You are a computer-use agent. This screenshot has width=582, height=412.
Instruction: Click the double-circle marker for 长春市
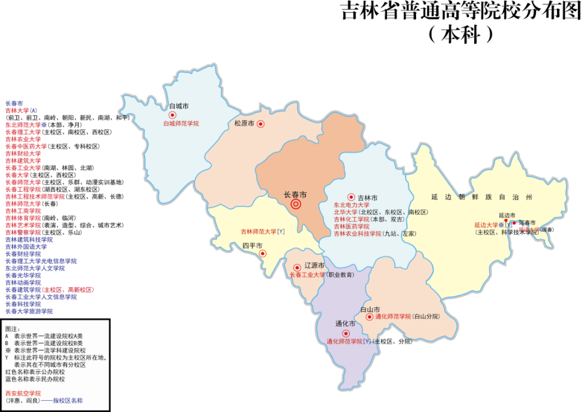click(x=296, y=204)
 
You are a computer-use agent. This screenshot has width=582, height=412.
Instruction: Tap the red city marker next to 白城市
click(x=172, y=115)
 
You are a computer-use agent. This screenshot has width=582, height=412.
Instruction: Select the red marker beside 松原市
click(x=261, y=124)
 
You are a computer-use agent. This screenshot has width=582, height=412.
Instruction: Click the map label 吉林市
click(x=368, y=198)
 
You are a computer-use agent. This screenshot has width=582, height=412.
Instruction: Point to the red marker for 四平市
click(x=262, y=253)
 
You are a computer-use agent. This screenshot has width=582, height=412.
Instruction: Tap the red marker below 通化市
click(x=346, y=333)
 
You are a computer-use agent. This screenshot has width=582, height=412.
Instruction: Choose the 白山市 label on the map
click(x=370, y=309)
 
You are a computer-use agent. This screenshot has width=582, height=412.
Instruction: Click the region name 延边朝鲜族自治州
click(x=481, y=197)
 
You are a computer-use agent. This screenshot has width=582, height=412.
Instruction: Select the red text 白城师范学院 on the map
click(x=181, y=123)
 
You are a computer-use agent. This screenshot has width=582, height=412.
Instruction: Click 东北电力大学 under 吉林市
click(x=351, y=205)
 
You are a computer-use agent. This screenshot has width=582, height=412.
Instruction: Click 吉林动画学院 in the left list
click(x=23, y=282)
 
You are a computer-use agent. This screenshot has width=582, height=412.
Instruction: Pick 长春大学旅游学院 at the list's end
click(x=29, y=311)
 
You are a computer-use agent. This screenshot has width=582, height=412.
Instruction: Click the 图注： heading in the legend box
click(x=12, y=329)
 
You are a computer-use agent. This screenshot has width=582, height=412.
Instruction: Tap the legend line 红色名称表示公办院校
click(x=35, y=372)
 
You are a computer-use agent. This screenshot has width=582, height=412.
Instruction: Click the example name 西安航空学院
click(x=23, y=394)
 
